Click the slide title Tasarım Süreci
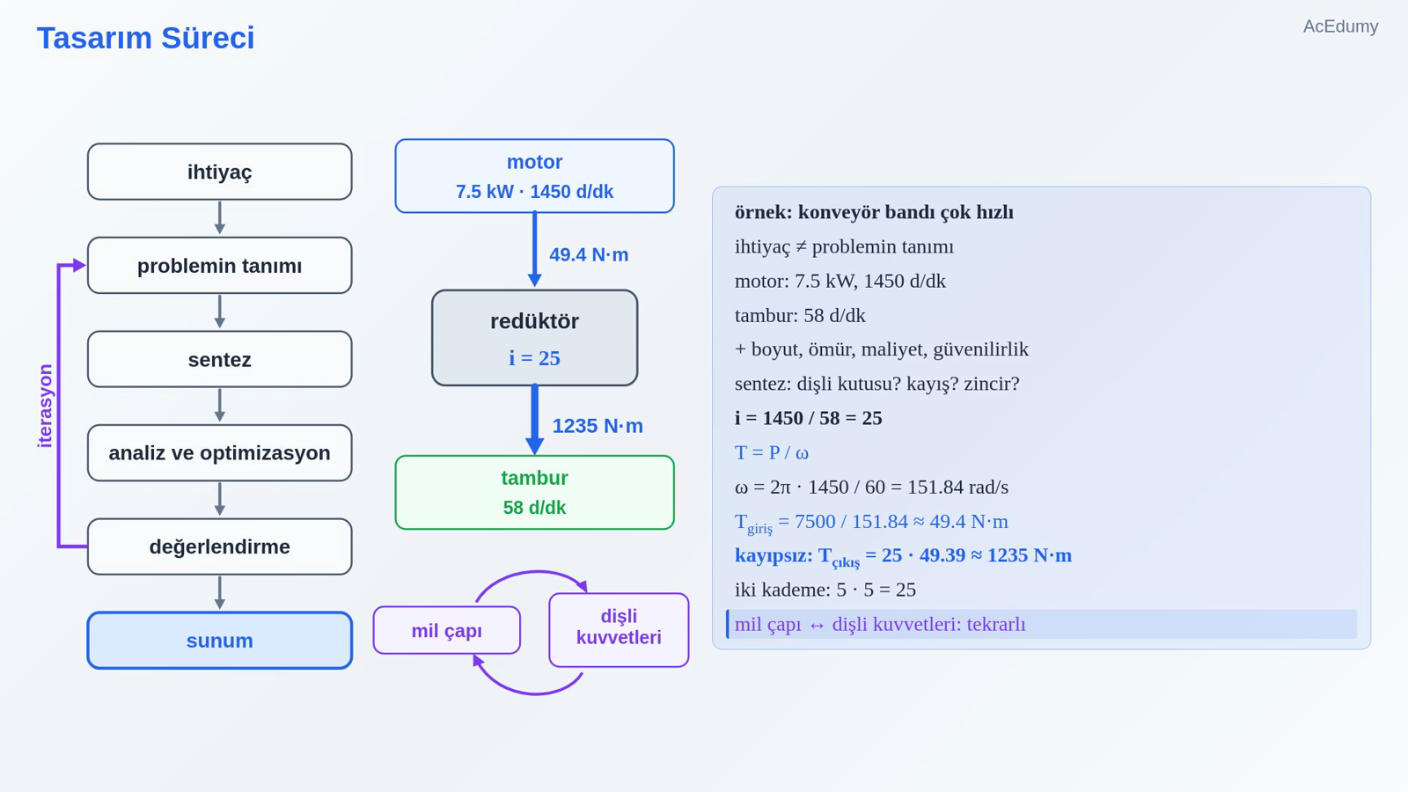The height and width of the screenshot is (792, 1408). pos(145,38)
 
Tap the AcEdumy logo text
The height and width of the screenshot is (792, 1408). pos(1340,26)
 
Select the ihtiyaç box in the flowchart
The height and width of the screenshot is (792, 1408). pos(219,172)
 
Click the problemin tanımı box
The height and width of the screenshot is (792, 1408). pos(219,265)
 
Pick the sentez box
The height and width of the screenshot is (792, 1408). pos(219,359)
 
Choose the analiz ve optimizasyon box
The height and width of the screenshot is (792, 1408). pos(219,452)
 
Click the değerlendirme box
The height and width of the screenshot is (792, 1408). pos(219,546)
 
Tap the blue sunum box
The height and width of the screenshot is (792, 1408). pos(219,640)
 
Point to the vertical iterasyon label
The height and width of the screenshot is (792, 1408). pos(45,406)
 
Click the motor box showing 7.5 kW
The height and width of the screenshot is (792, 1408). pos(534,176)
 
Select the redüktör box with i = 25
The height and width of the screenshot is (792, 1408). pos(534,338)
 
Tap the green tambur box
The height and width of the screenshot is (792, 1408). pos(534,492)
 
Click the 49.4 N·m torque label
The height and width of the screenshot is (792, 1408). pos(589,254)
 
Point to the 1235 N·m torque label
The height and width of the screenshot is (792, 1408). pos(598,426)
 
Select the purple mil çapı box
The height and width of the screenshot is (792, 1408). pos(446,630)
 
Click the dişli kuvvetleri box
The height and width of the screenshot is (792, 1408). pos(619,630)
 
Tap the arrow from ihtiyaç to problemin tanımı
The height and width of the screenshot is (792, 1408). pos(219,217)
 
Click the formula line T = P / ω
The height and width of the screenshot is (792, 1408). pos(771,452)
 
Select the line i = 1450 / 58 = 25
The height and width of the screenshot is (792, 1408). pos(808,418)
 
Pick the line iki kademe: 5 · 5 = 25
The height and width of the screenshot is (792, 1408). pos(825,590)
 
